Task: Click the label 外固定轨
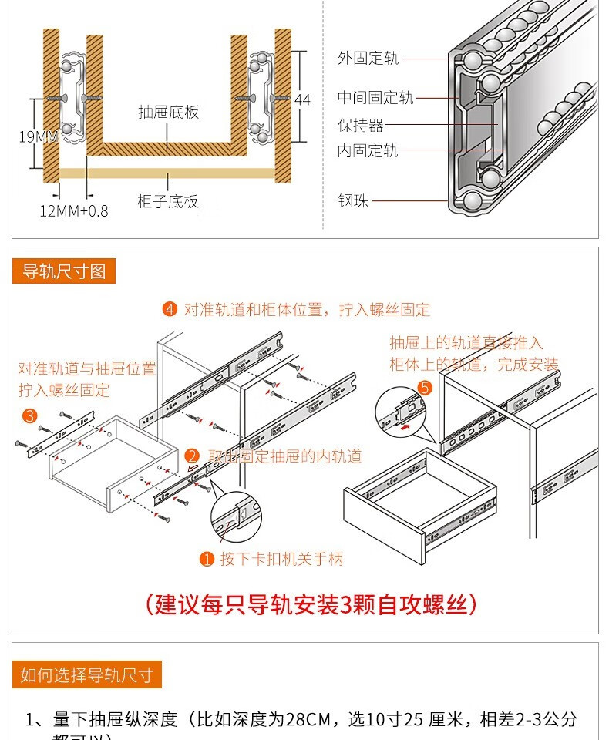coord(368,59)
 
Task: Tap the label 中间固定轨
coord(375,98)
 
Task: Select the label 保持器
coord(360,125)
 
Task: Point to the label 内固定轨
coord(368,150)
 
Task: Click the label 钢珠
coord(353,201)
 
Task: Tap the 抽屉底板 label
coord(168,112)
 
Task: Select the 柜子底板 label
coord(167,202)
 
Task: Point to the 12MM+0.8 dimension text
coord(74,210)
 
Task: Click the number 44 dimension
coord(302,100)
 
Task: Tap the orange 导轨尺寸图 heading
coord(64,271)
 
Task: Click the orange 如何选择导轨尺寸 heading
coord(86,675)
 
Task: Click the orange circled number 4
coord(170,310)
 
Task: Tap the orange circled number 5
coord(424,388)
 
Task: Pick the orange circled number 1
coord(206,560)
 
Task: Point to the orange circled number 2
coord(193,456)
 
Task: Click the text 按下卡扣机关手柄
coord(281,560)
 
